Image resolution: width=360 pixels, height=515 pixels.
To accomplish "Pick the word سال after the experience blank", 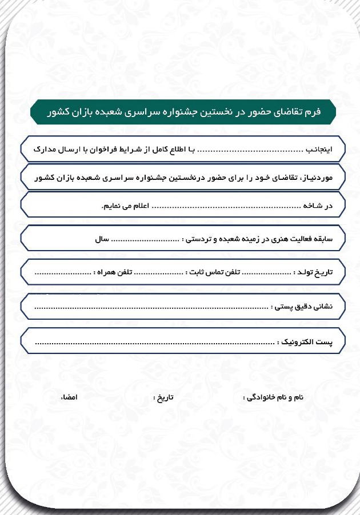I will coord(102,239).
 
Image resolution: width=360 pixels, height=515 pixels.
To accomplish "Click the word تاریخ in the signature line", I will coord(165,396).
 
